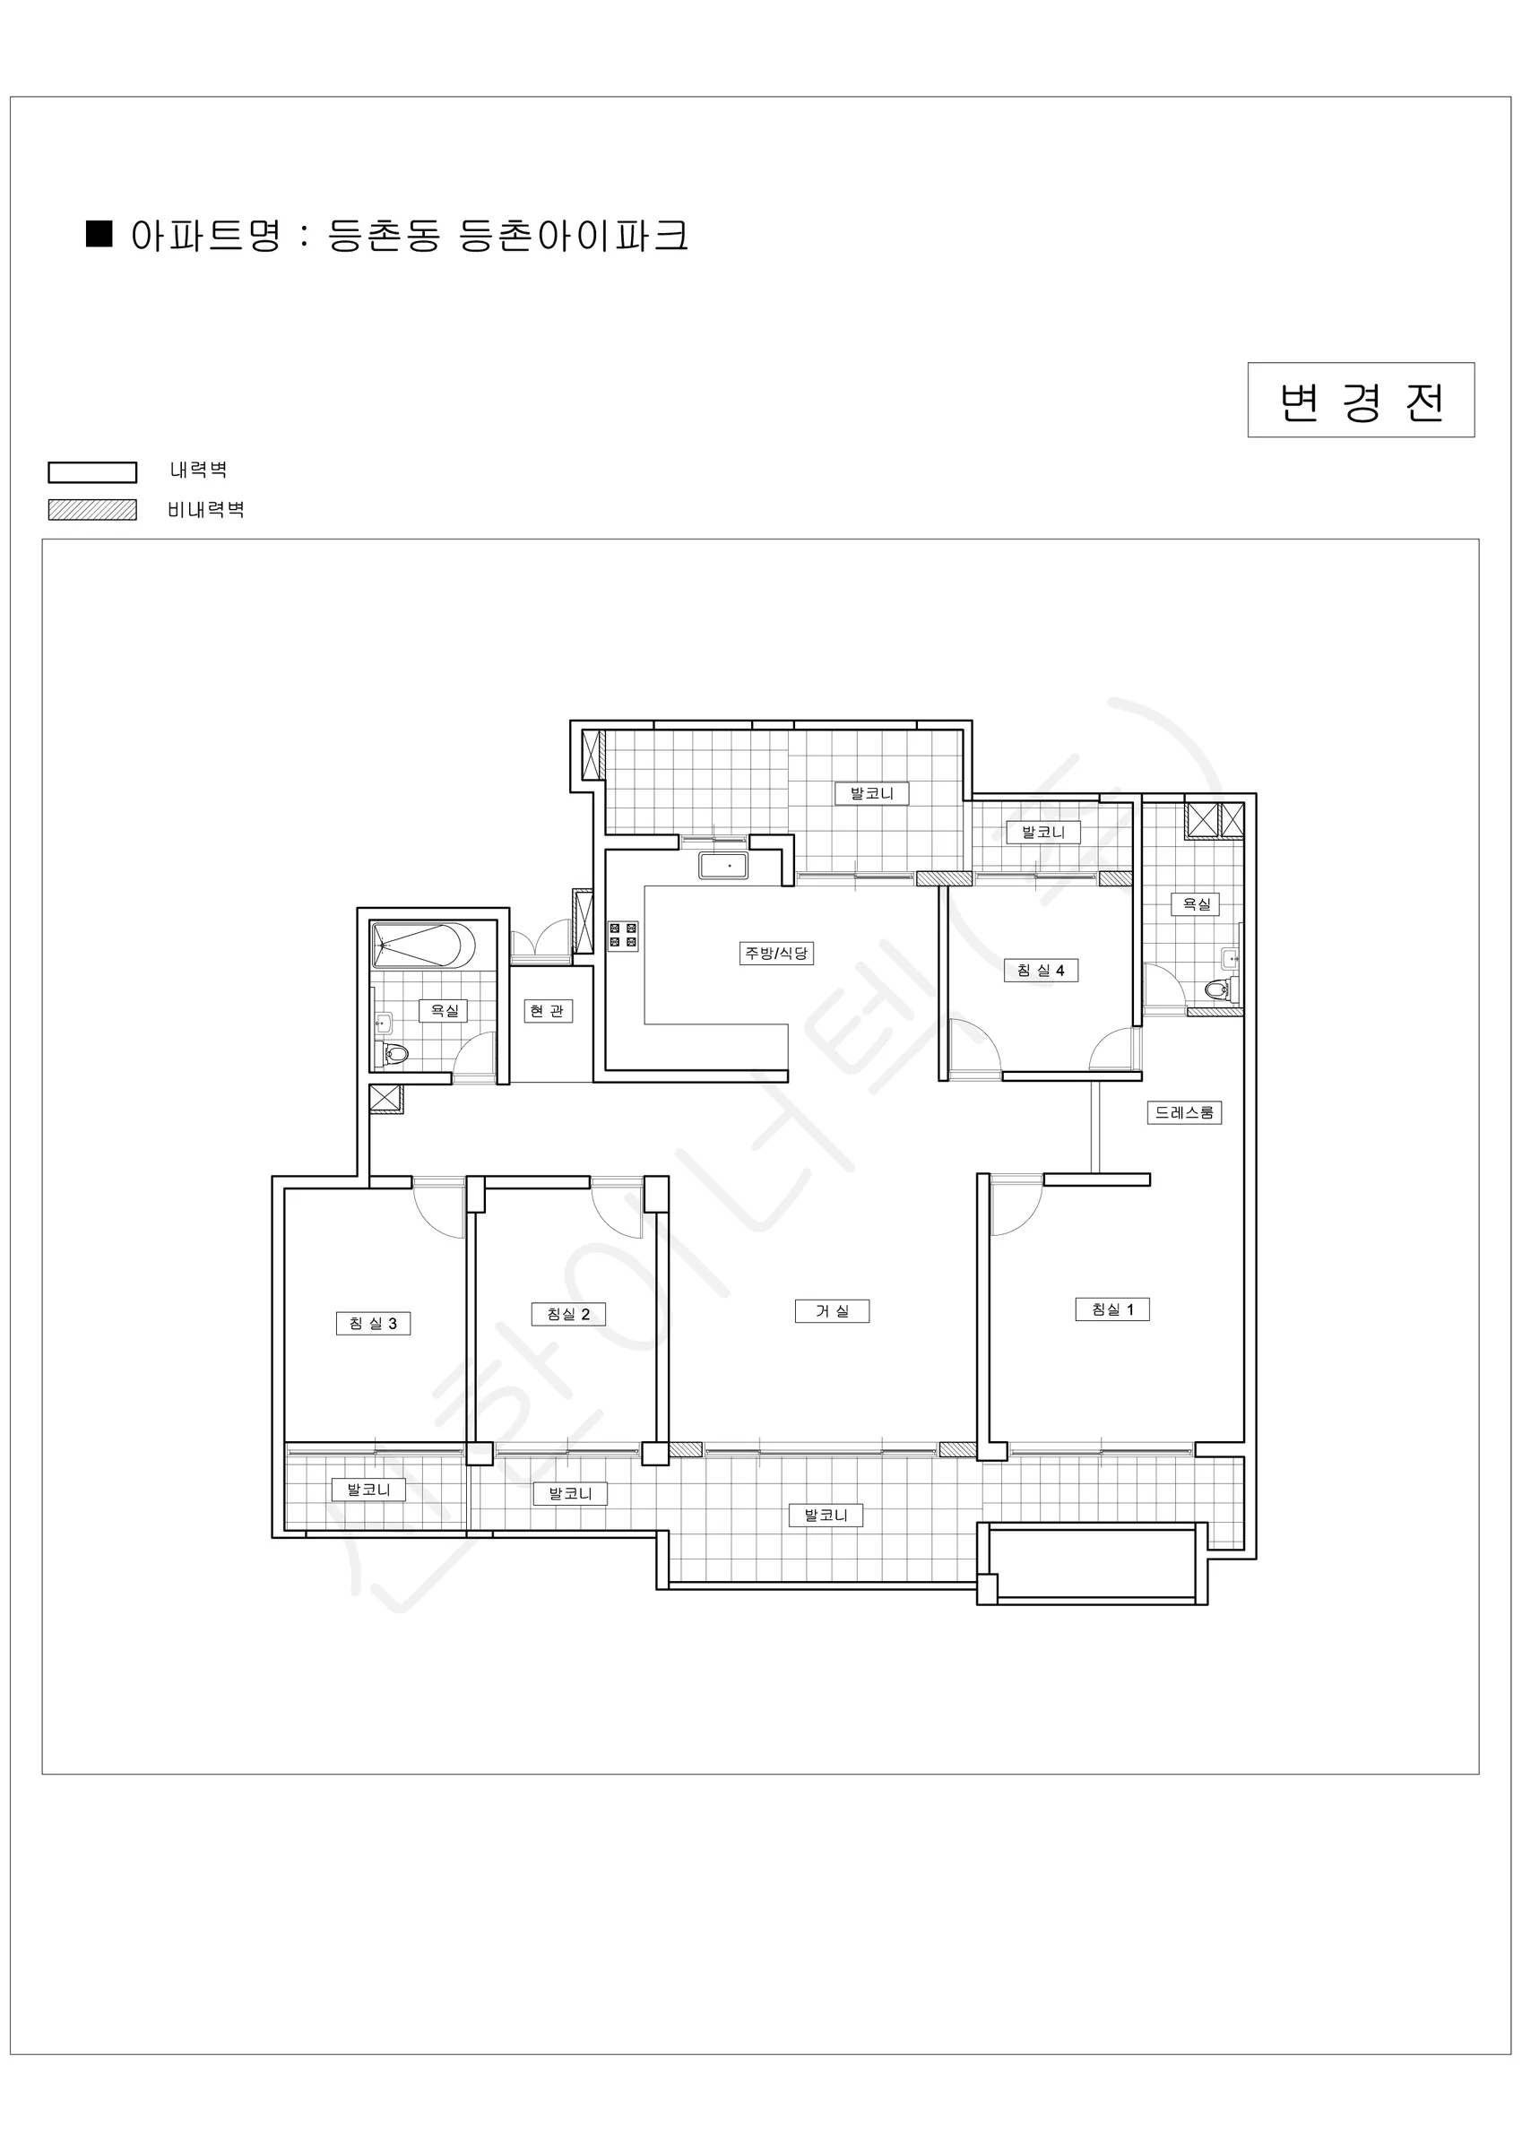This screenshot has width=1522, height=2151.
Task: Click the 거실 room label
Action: click(831, 1310)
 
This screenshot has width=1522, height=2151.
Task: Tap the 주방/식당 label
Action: click(776, 954)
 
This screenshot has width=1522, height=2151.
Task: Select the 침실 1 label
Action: click(1112, 1309)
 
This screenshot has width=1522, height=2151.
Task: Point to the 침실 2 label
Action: click(569, 1314)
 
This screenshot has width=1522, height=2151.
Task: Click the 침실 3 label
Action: click(373, 1323)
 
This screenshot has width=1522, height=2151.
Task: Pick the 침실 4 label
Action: click(1042, 970)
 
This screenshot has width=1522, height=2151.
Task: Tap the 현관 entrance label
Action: click(549, 1011)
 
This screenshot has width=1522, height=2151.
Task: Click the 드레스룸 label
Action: click(1185, 1112)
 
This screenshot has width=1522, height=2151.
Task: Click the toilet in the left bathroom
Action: click(393, 1054)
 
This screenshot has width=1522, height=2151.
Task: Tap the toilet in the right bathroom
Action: click(1219, 988)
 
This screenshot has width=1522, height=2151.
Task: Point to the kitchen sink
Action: click(723, 865)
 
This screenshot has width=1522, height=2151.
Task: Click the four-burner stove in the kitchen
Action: click(623, 935)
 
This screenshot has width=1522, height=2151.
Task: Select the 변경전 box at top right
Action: click(1361, 400)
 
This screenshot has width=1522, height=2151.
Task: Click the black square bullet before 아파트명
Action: click(99, 233)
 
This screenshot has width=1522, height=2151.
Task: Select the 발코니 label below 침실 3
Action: click(368, 1489)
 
